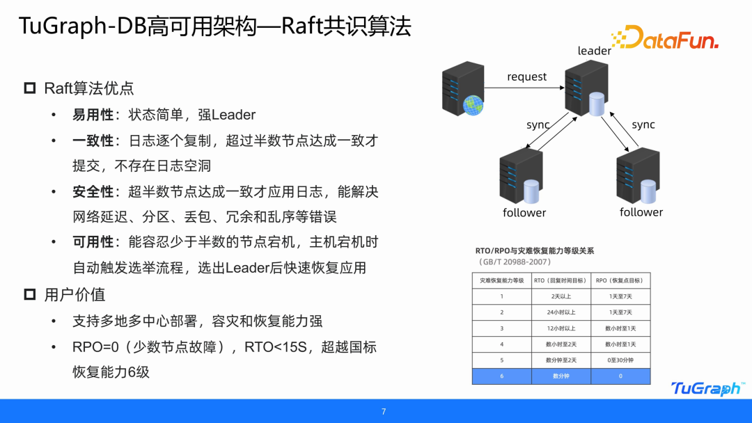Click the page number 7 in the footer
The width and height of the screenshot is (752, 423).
(383, 411)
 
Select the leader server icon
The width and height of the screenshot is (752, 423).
(583, 88)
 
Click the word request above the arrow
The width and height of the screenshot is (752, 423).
(526, 77)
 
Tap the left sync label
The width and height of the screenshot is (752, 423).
(538, 125)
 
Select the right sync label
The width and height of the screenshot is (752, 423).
(643, 125)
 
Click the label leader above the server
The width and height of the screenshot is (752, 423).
(594, 51)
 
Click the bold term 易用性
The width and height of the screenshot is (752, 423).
(93, 115)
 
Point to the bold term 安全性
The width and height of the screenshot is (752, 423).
(93, 191)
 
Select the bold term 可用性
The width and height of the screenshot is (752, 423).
(93, 242)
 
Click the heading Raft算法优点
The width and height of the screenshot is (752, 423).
(89, 88)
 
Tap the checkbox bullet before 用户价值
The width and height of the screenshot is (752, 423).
(30, 294)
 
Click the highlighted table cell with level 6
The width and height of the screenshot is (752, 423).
(501, 376)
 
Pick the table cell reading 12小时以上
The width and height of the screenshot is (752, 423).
(561, 328)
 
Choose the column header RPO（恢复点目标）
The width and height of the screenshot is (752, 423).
(620, 280)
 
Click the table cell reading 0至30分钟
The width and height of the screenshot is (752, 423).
(620, 360)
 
